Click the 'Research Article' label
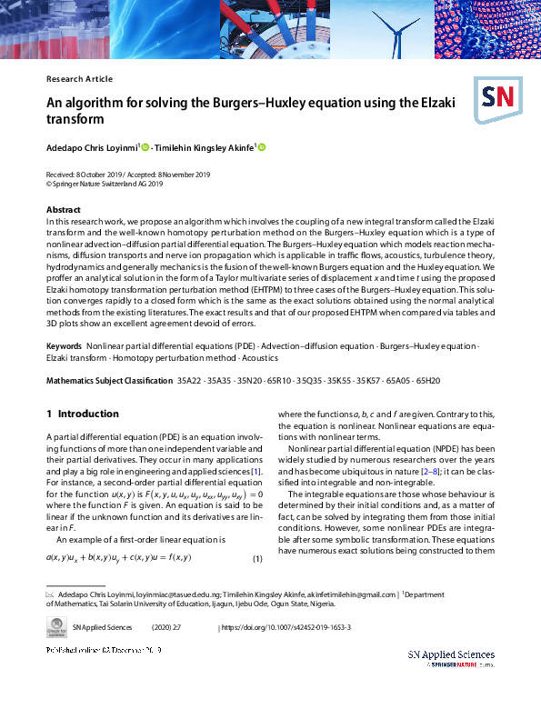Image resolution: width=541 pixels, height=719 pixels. (x=79, y=79)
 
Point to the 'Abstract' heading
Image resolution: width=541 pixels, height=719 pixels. (x=63, y=210)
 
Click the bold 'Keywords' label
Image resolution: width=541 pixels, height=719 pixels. (x=65, y=347)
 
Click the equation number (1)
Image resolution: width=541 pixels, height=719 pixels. (x=257, y=557)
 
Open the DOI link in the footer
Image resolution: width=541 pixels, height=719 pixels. (x=286, y=628)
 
